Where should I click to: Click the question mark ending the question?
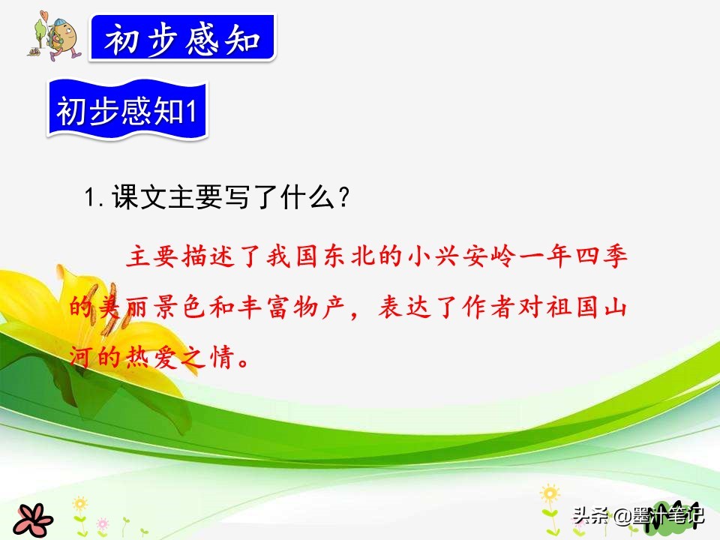(x=343, y=200)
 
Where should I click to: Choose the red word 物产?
(x=316, y=307)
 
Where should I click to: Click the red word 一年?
(x=548, y=258)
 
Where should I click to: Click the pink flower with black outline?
(x=31, y=517)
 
